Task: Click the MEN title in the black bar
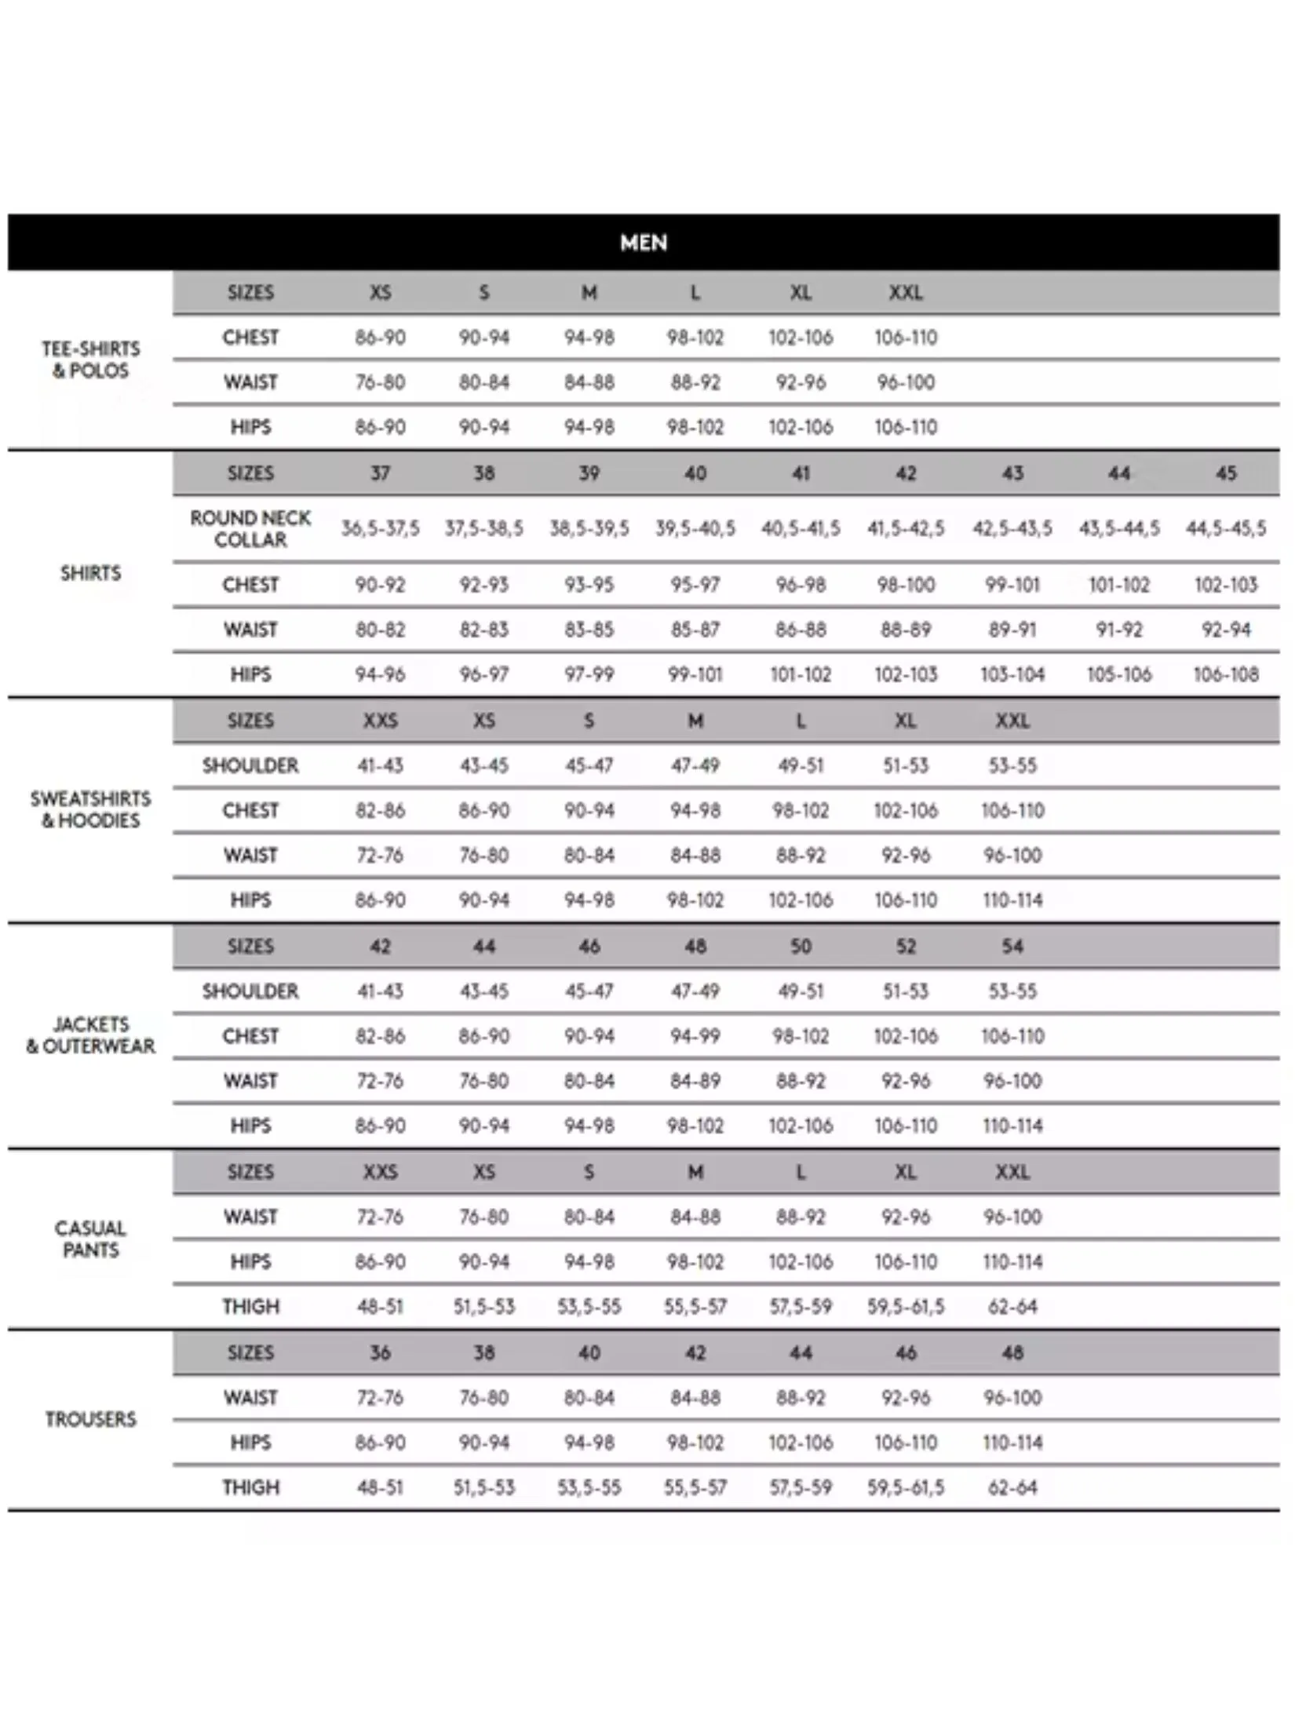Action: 644,243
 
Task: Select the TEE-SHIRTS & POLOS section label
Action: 90,359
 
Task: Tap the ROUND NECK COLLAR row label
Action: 250,528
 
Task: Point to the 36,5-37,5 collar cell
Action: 380,528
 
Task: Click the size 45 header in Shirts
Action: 1225,473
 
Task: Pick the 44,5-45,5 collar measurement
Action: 1225,528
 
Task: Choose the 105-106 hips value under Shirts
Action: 1118,674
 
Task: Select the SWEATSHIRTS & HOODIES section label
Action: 90,809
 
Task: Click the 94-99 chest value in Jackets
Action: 695,1036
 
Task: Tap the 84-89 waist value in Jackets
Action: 695,1081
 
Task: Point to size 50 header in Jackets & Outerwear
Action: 801,947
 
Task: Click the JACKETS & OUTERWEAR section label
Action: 90,1035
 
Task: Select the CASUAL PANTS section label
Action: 90,1239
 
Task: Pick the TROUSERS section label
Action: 90,1419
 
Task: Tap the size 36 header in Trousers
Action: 380,1352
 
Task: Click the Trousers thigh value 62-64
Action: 1012,1487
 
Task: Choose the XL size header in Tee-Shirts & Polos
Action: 801,293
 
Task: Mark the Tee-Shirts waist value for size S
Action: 484,382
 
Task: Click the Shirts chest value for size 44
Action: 1118,585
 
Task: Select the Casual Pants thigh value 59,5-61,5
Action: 906,1307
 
